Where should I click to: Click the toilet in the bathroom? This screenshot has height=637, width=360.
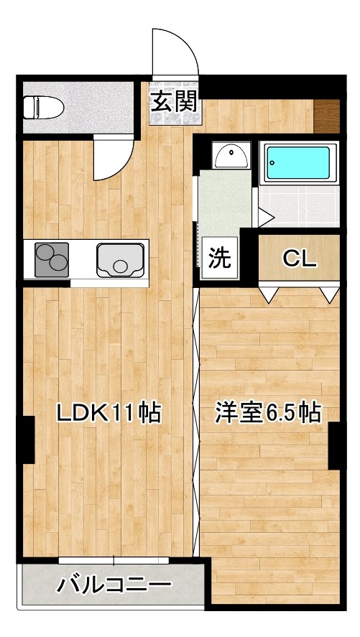pyautogui.click(x=45, y=108)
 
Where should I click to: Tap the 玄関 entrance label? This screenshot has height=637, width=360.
pyautogui.click(x=173, y=102)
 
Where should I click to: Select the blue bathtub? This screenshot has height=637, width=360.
pyautogui.click(x=298, y=164)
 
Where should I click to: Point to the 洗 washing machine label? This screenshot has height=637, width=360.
pyautogui.click(x=219, y=257)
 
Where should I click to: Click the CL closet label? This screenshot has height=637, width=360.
pyautogui.click(x=298, y=258)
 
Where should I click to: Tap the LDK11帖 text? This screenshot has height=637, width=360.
pyautogui.click(x=108, y=413)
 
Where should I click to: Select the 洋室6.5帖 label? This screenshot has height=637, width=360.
pyautogui.click(x=267, y=413)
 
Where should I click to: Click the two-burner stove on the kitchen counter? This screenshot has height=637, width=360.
pyautogui.click(x=52, y=259)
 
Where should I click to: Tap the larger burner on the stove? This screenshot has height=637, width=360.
pyautogui.click(x=56, y=264)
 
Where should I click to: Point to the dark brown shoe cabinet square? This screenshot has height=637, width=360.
pyautogui.click(x=327, y=115)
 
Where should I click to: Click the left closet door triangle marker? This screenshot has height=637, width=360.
pyautogui.click(x=268, y=293)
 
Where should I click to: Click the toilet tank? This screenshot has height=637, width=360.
pyautogui.click(x=29, y=108)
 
